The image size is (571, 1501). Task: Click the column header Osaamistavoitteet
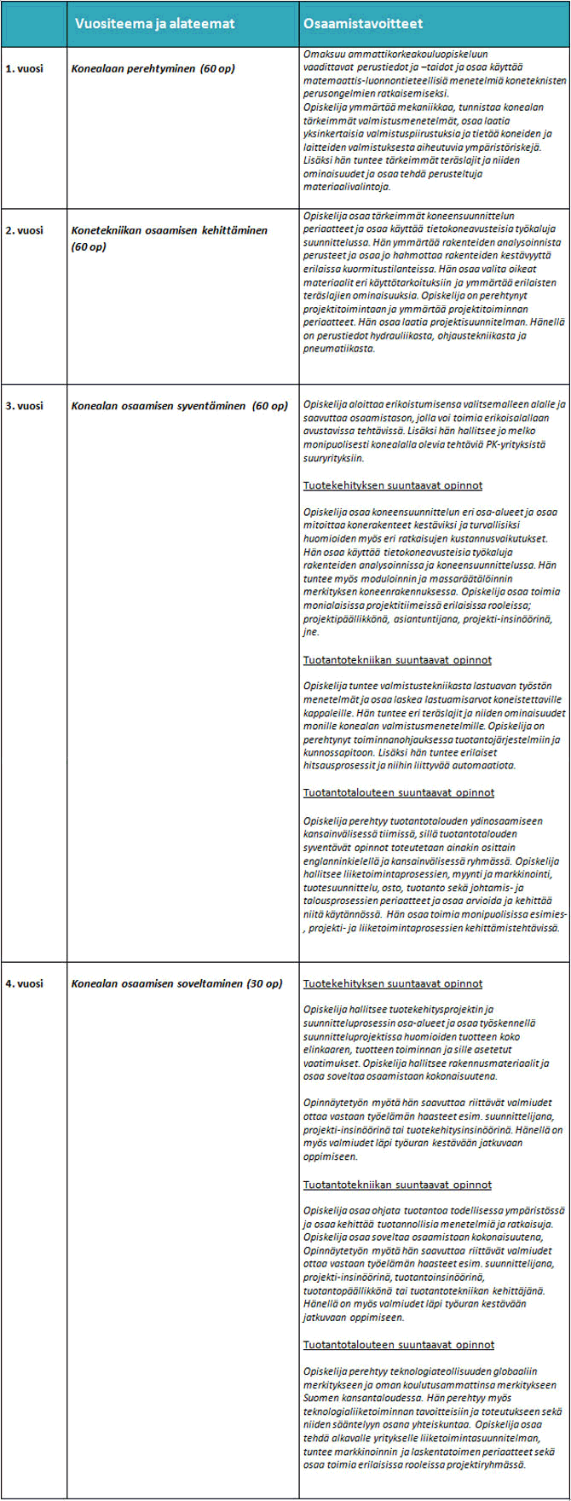pos(363,24)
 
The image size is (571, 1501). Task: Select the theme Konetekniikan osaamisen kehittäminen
pos(170,230)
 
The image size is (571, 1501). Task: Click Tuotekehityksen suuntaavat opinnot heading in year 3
pos(393,485)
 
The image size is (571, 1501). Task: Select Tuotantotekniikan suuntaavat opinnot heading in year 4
pos(397,1185)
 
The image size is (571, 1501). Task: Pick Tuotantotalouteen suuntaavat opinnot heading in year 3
pos(399,792)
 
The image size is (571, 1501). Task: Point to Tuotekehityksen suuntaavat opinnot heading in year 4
pos(393,983)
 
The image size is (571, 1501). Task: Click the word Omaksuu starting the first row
pos(324,54)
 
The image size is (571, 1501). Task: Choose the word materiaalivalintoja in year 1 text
pos(347,186)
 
